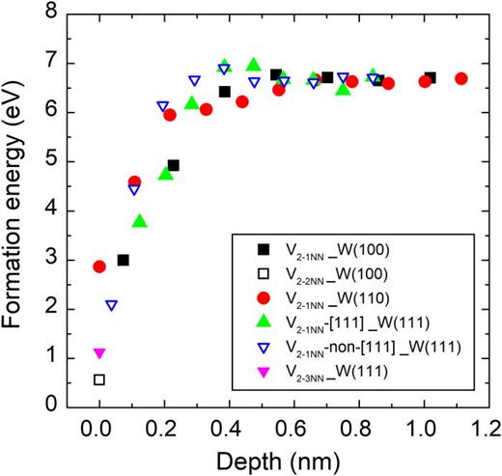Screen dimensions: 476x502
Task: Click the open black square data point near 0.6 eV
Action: (98, 379)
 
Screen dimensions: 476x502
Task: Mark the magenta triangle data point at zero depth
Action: (98, 353)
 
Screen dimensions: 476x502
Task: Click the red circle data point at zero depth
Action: (98, 266)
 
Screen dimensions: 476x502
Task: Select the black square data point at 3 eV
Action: (123, 260)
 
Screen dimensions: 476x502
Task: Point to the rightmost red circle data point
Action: (461, 79)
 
